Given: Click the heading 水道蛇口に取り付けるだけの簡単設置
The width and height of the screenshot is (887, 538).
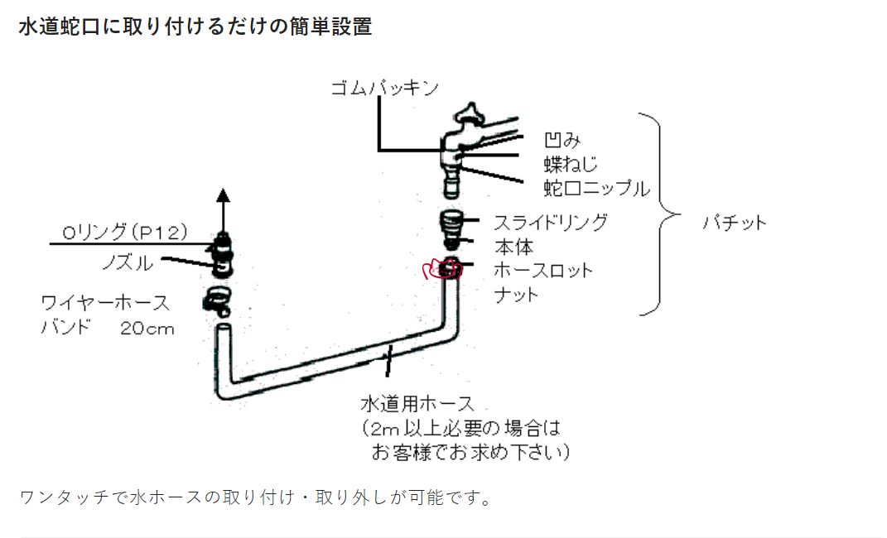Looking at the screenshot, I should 195,26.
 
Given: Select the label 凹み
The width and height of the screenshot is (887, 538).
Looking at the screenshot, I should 560,139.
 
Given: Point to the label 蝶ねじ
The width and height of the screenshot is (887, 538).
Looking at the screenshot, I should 571,163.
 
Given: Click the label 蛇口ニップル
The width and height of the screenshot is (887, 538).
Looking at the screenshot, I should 596,188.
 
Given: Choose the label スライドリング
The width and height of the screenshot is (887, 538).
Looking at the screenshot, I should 550,222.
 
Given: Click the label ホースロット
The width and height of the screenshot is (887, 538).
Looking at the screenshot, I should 543,270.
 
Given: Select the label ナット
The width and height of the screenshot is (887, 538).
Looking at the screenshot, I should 516,294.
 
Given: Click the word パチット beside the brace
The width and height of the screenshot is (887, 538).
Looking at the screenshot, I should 735,222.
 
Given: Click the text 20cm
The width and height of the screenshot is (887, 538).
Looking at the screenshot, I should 147,328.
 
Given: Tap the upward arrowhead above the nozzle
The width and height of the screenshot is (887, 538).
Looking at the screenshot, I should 222,195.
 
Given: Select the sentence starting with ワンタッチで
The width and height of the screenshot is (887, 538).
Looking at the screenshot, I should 255,498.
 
